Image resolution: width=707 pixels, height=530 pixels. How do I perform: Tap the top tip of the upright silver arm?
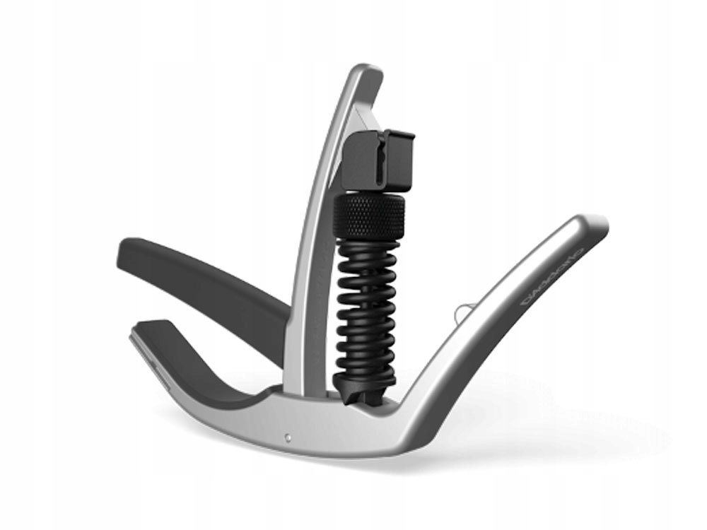tap(368, 71)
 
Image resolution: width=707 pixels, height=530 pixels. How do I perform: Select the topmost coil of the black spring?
tap(368, 244)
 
